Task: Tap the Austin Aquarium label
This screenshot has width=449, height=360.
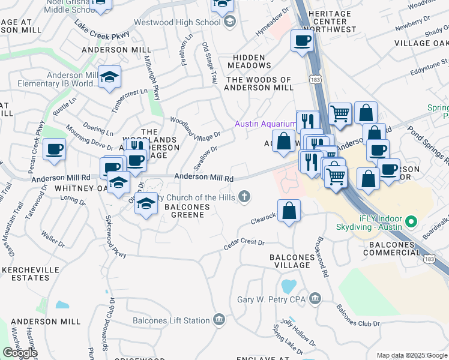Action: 265,124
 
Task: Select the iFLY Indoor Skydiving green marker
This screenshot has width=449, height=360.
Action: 411,222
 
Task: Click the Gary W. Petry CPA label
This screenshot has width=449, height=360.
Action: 271,299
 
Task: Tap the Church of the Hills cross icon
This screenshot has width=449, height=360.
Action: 244,196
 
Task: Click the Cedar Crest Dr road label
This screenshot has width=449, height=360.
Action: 244,242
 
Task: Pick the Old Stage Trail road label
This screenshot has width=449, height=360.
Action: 209,63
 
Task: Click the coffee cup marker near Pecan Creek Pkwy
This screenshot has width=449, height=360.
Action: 54,149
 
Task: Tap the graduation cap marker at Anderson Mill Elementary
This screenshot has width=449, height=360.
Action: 110,77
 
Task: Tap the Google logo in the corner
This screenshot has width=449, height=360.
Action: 19,353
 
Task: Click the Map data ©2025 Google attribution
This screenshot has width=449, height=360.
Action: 411,356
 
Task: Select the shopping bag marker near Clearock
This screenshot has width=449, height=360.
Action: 289,211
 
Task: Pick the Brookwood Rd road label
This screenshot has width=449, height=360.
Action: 320,260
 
